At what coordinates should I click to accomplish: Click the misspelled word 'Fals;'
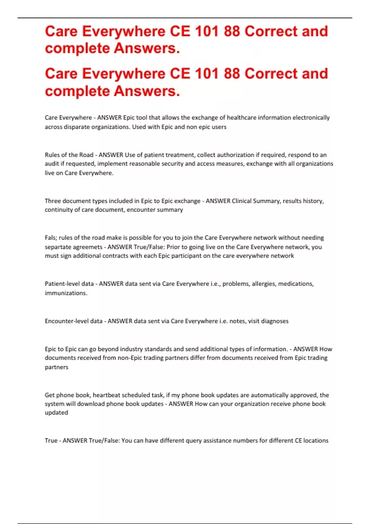pos(51,238)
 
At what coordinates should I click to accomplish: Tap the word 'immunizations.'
pos(66,293)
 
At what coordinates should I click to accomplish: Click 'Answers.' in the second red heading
pos(147,91)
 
